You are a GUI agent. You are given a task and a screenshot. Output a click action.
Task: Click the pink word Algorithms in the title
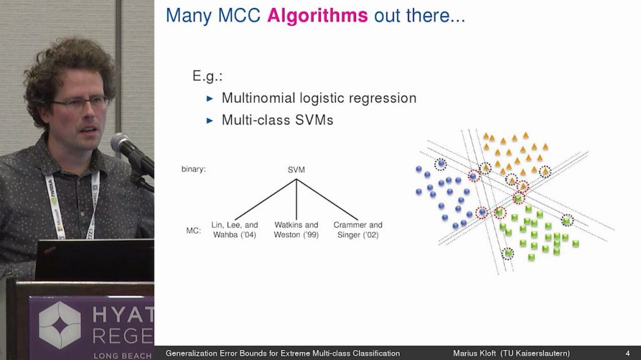[317, 16]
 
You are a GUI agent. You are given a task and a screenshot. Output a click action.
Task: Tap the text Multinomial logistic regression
[319, 98]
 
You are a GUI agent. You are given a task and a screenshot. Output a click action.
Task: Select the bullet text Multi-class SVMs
[277, 120]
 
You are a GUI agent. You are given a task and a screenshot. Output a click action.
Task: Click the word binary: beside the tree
[194, 170]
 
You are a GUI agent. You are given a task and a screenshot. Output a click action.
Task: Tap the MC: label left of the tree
[193, 231]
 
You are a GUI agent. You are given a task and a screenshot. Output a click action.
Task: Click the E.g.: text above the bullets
[208, 77]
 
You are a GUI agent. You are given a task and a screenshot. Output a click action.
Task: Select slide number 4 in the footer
[627, 354]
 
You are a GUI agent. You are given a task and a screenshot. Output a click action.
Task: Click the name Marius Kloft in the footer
[476, 354]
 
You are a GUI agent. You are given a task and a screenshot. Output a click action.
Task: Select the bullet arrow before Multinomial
[210, 99]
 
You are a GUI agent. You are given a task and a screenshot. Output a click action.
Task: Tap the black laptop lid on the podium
[94, 259]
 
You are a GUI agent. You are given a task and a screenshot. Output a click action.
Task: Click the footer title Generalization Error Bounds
[282, 354]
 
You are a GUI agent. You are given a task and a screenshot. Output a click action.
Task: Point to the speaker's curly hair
[69, 63]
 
